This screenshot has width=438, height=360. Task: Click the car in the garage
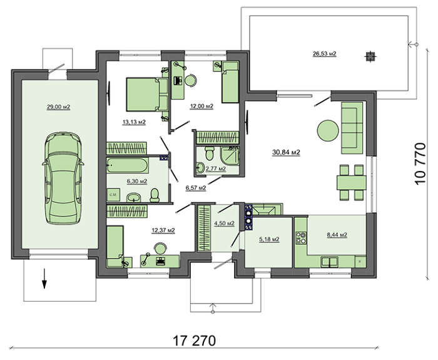[x=63, y=178]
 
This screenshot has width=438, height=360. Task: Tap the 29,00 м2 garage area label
[x=58, y=107]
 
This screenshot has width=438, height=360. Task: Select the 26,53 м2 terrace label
[x=324, y=54]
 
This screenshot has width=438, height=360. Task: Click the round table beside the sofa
[x=328, y=130]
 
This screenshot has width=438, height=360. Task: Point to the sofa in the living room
[x=352, y=128]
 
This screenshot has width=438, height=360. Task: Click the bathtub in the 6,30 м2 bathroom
[x=128, y=165]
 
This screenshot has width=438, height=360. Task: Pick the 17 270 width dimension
[x=195, y=341]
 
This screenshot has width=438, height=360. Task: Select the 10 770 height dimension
[x=420, y=163]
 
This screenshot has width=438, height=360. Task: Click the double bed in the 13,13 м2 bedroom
[x=147, y=95]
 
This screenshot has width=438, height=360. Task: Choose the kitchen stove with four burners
[x=301, y=238]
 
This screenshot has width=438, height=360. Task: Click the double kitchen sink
[x=330, y=262]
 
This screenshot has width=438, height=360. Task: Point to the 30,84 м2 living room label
[x=286, y=152]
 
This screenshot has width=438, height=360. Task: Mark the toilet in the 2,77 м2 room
[x=210, y=153]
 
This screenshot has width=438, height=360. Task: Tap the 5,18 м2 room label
[x=269, y=239]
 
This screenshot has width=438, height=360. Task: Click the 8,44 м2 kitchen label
[x=337, y=235]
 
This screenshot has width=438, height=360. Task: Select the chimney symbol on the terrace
[x=370, y=57]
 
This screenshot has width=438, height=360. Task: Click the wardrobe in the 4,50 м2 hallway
[x=203, y=228]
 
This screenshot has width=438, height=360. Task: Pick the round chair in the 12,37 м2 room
[x=160, y=248]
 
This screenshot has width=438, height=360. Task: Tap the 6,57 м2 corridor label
[x=196, y=188]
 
